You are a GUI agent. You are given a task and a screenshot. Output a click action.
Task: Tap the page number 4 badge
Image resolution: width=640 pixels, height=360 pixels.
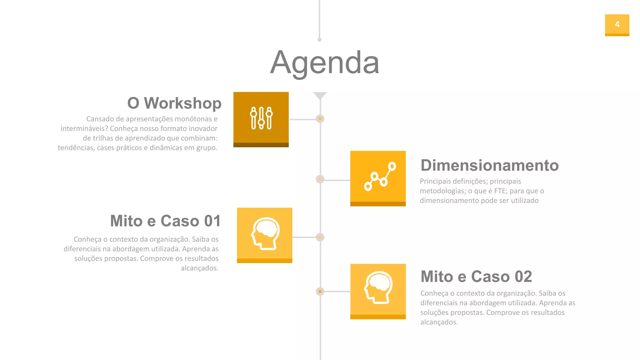coord(617,25)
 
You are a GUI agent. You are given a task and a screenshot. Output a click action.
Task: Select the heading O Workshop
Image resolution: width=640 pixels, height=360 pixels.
coord(174,103)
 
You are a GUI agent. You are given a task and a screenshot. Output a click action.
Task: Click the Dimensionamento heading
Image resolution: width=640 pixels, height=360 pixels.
coord(489,165)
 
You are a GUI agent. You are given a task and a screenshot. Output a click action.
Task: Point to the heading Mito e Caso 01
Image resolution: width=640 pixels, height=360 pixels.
coord(165,221)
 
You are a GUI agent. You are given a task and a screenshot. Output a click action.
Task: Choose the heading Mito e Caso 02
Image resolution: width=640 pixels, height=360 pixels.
coord(476,277)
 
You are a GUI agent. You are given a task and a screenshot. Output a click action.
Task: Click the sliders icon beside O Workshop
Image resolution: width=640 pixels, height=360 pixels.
coord(261,118)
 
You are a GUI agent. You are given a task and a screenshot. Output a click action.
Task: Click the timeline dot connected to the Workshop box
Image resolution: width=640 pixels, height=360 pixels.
coord(320,119)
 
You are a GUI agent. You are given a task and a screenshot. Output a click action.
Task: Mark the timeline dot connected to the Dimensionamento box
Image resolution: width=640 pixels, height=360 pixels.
coord(320,179)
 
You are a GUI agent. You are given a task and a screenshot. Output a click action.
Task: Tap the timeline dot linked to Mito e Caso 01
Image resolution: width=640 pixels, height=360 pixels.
coord(320,237)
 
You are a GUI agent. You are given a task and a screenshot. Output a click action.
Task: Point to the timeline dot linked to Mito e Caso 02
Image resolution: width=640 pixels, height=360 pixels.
coord(320,292)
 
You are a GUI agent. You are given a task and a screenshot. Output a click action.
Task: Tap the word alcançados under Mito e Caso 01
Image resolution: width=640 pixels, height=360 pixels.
coord(199,268)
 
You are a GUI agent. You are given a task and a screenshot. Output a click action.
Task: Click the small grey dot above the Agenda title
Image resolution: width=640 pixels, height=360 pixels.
coord(319,40)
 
